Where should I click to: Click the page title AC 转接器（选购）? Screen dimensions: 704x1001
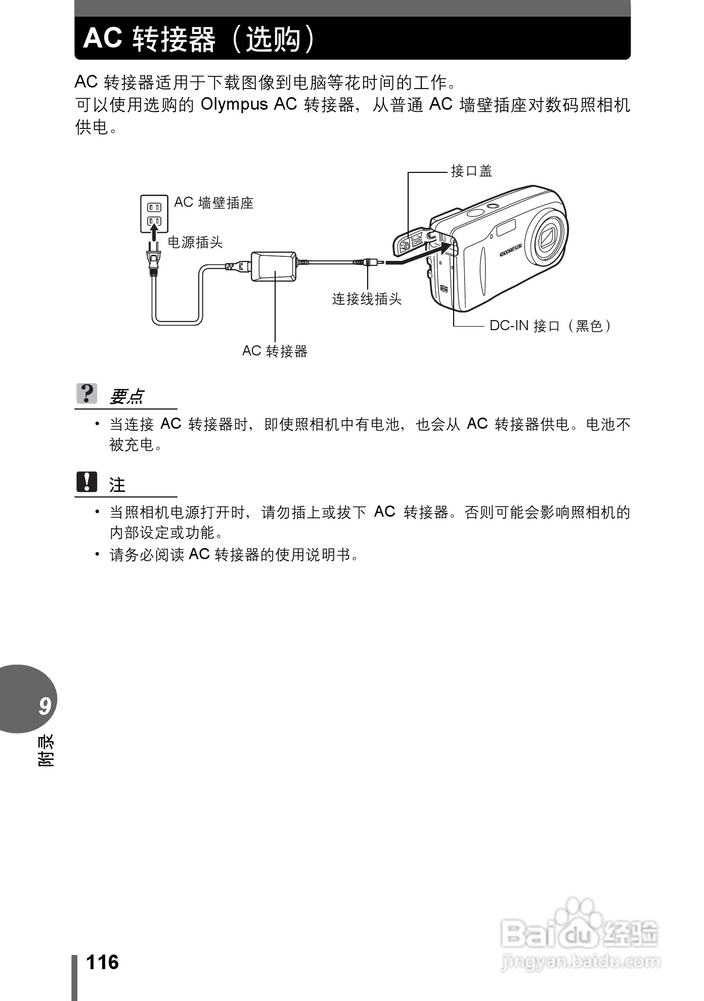tap(200, 38)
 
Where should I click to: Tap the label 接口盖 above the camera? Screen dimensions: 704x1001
tap(471, 171)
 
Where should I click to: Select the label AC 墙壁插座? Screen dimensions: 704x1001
tap(213, 203)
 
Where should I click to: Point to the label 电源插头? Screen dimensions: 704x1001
tap(195, 243)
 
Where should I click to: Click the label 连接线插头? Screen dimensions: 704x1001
tap(367, 299)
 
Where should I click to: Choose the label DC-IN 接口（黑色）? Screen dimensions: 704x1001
tap(551, 326)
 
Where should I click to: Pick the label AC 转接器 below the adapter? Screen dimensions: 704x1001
tap(275, 351)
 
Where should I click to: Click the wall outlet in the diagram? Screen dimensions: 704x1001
tap(154, 213)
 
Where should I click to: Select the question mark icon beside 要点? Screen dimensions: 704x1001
tap(87, 393)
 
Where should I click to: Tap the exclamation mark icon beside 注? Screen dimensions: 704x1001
tap(87, 482)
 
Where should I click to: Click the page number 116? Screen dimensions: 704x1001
tap(102, 963)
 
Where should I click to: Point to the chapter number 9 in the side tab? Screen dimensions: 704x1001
tap(45, 706)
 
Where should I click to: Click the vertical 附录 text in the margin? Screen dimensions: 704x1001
tap(46, 750)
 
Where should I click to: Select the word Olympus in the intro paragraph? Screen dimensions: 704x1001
tap(234, 104)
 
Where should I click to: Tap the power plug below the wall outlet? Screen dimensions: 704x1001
tap(153, 259)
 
